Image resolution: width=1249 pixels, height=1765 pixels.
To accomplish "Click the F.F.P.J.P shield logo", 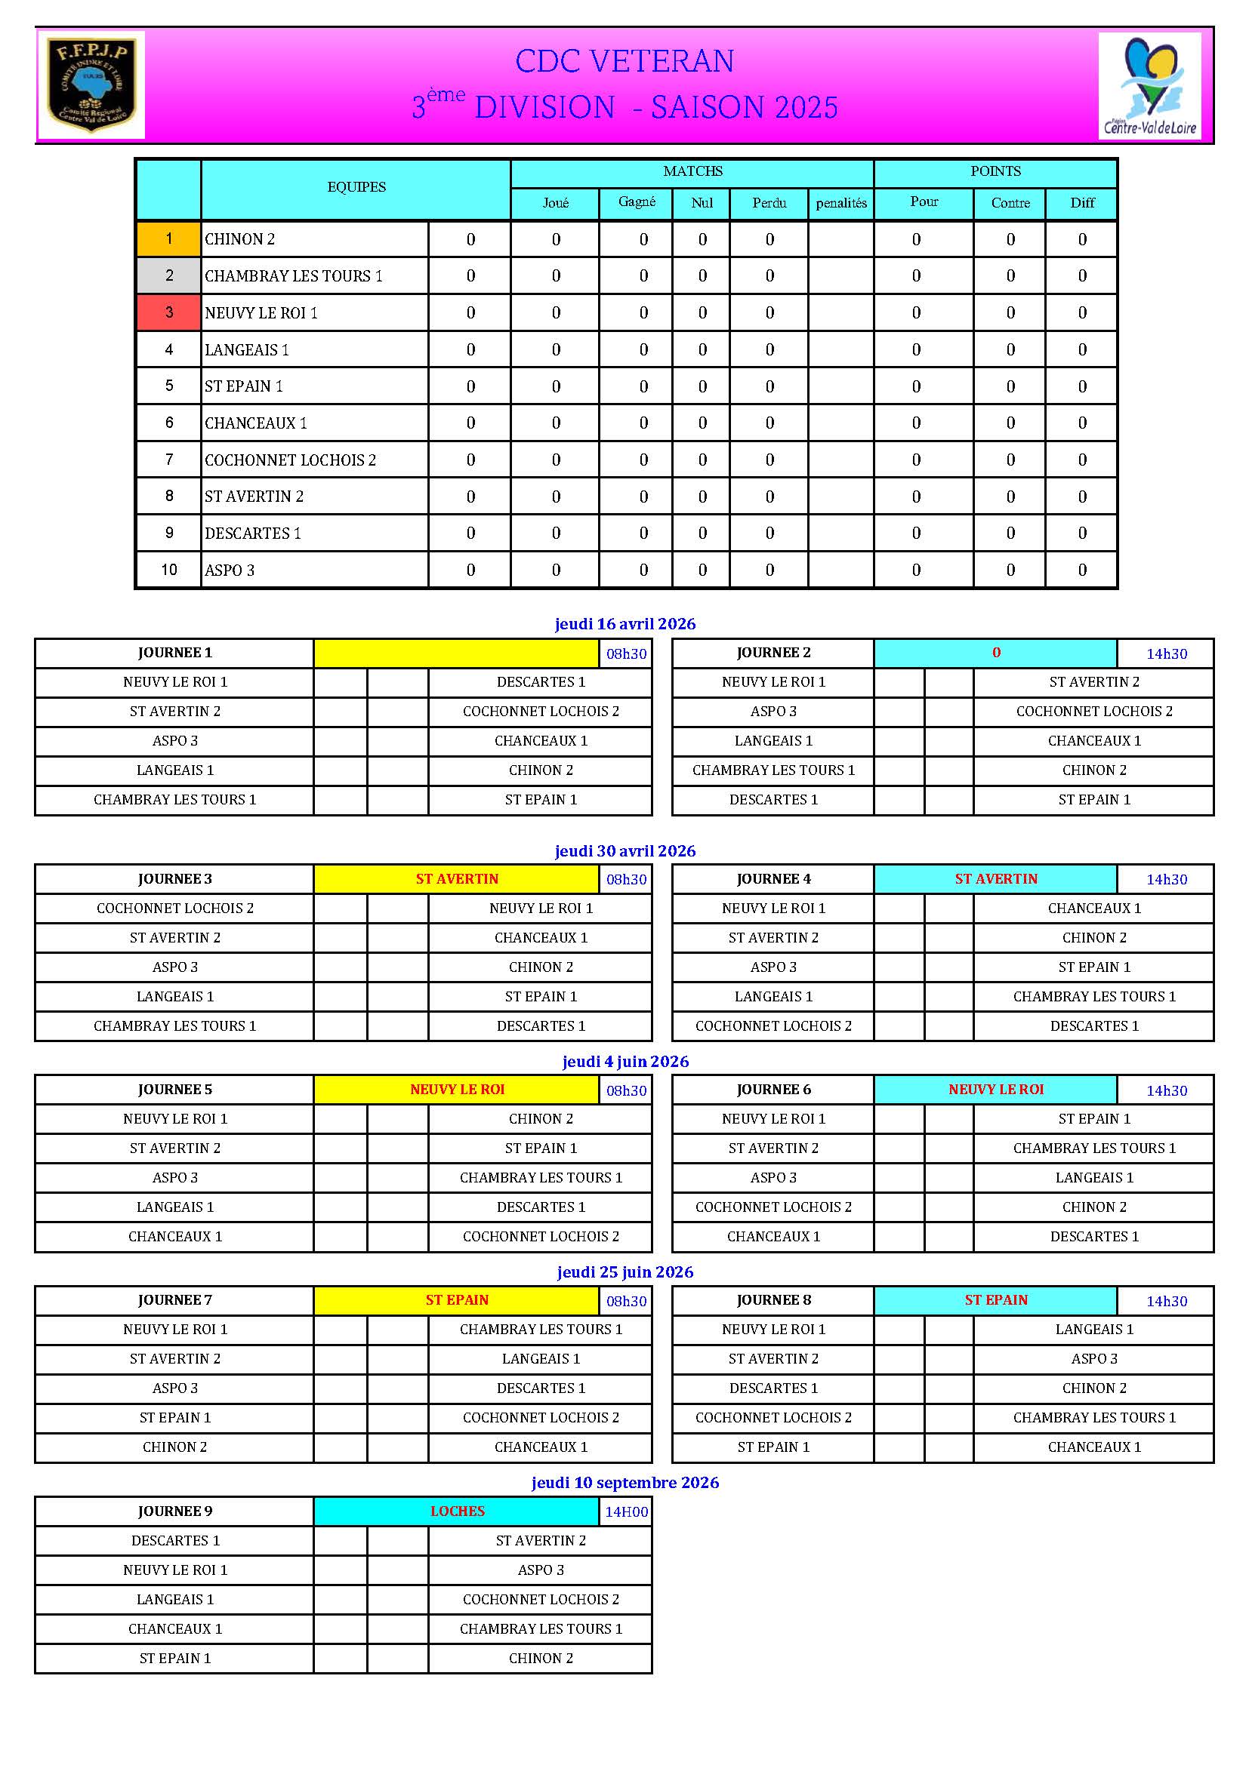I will click(x=91, y=85).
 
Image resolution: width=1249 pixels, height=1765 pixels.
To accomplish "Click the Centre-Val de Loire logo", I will click(x=1150, y=85).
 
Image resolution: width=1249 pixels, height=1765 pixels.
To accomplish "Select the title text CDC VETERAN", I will click(x=624, y=61).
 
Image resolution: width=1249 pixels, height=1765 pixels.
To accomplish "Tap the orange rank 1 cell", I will click(x=168, y=239).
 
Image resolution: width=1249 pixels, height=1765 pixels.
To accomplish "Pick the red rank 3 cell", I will click(x=168, y=313).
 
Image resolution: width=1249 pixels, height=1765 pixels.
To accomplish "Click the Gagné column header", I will click(x=636, y=202).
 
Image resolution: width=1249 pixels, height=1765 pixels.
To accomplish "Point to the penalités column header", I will click(x=840, y=203).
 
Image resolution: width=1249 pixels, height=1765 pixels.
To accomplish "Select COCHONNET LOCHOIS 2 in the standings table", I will click(x=290, y=460).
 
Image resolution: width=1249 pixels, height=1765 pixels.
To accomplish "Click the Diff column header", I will click(x=1081, y=203).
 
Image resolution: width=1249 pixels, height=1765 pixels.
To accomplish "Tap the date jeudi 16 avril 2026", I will click(x=624, y=623).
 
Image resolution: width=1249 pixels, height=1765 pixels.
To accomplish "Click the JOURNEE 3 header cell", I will click(x=174, y=878).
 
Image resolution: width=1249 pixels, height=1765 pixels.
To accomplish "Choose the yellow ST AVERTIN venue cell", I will click(x=456, y=878).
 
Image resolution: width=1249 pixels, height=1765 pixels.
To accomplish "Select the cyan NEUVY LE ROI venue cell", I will click(x=995, y=1090).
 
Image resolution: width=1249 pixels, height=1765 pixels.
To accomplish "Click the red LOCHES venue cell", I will click(x=456, y=1511).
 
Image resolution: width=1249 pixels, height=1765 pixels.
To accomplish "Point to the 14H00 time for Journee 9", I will click(x=626, y=1511).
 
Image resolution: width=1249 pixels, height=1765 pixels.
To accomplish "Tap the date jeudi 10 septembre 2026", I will click(x=624, y=1482).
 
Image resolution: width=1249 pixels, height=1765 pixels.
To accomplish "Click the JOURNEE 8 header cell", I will click(x=773, y=1300).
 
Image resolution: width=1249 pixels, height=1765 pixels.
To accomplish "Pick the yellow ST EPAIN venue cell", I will click(x=456, y=1300).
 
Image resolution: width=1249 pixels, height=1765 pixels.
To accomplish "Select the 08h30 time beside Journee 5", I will click(x=626, y=1090).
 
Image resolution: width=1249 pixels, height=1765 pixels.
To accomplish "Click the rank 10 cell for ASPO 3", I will click(x=168, y=570).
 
